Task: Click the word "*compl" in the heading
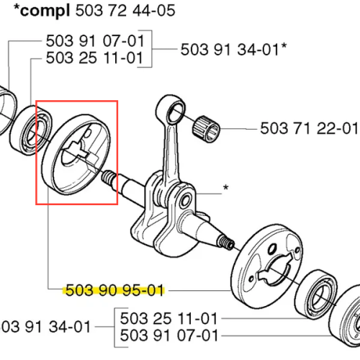point(42,11)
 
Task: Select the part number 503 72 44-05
point(125,11)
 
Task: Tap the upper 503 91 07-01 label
point(95,41)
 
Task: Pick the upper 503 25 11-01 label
point(94,58)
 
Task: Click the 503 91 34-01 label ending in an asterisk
point(233,50)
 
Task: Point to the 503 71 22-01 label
point(309,128)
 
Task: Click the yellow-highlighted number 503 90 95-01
point(114,290)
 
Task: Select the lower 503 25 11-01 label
point(168,318)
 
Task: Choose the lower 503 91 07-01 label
point(169,336)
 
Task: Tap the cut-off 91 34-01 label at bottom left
point(45,327)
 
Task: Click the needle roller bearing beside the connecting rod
point(206,128)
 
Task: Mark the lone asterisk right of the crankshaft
point(225,188)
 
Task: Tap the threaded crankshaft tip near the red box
point(109,178)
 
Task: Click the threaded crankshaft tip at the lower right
point(225,243)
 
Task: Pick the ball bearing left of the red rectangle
point(31,130)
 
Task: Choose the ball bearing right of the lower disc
point(315,294)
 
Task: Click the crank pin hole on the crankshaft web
point(186,201)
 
